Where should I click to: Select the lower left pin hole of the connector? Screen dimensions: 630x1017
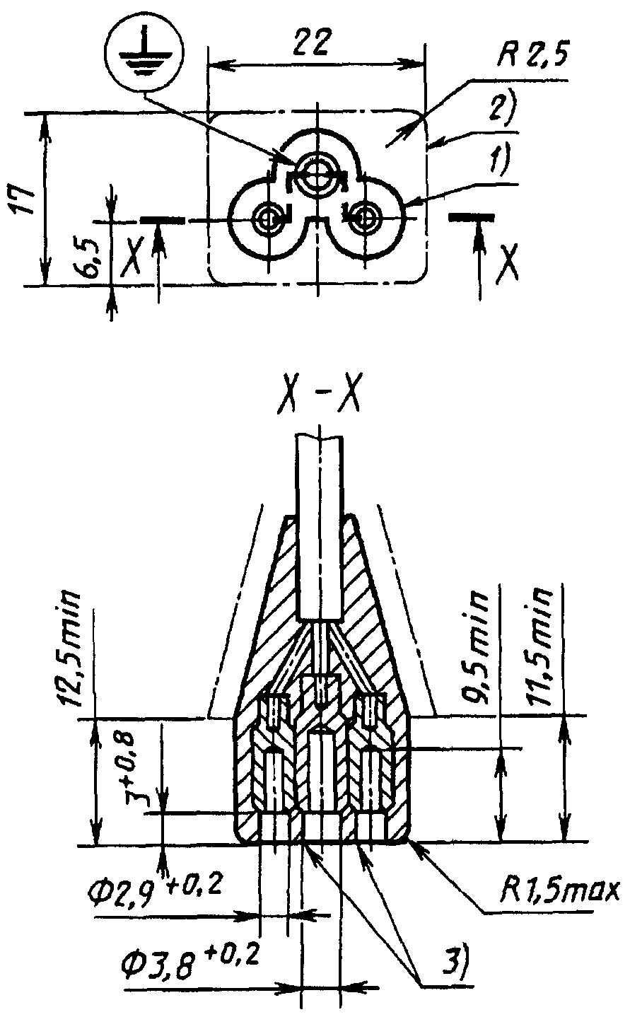point(269,218)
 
